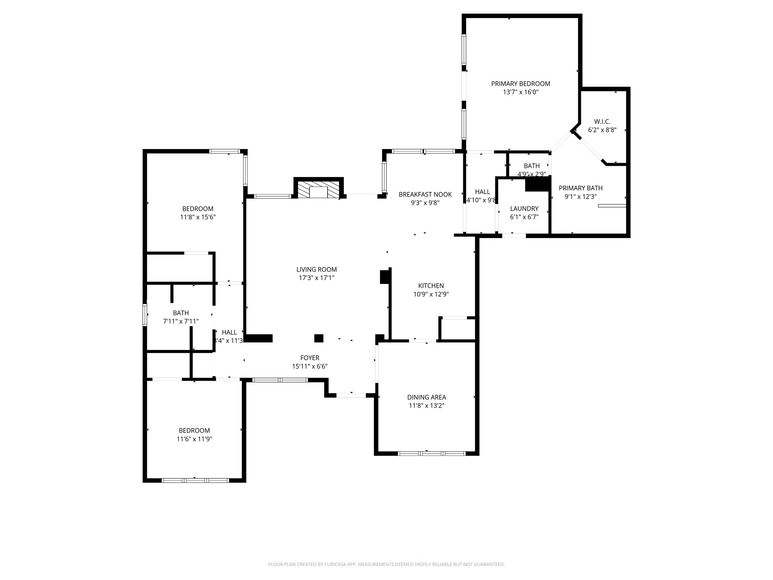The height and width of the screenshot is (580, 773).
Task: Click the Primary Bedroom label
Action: click(x=520, y=84)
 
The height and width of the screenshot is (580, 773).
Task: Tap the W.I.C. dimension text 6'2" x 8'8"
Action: click(x=602, y=130)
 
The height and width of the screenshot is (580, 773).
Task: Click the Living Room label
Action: click(x=316, y=269)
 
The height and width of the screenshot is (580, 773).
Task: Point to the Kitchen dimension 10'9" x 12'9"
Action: click(x=431, y=294)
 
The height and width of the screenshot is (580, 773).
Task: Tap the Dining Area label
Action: click(x=427, y=397)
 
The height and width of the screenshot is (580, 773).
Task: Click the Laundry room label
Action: click(x=524, y=208)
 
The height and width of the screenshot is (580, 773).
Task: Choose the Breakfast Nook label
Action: click(x=425, y=194)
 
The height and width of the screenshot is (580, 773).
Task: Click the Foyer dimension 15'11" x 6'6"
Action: click(x=310, y=366)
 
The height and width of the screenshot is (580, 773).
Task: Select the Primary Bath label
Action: click(x=581, y=188)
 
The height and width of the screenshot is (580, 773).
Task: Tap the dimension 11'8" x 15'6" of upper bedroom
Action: click(x=198, y=217)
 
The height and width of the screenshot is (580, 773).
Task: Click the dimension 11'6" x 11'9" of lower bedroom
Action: click(x=194, y=439)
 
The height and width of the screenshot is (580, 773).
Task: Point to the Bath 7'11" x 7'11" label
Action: click(x=180, y=313)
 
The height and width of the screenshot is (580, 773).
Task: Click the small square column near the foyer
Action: click(x=319, y=338)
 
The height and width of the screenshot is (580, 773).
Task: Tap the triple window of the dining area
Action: click(x=432, y=454)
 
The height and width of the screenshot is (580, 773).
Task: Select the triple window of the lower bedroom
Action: click(x=195, y=481)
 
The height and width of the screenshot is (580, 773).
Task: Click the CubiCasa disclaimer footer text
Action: click(x=386, y=564)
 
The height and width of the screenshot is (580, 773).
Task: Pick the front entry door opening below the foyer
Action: click(x=351, y=395)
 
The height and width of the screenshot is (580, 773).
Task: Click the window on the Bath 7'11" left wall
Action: click(x=145, y=315)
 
